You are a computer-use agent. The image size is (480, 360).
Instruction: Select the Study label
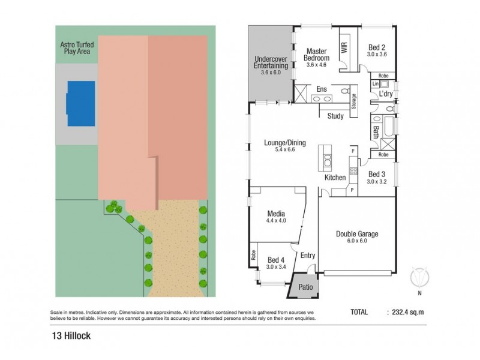click(x=335, y=116)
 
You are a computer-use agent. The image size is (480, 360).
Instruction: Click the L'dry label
click(x=386, y=95)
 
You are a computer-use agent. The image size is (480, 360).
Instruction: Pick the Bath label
click(x=376, y=131)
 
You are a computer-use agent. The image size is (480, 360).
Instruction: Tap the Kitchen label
click(x=335, y=178)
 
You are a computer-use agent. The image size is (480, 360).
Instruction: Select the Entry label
click(x=307, y=256)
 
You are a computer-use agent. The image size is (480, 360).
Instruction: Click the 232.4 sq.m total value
click(x=407, y=312)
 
